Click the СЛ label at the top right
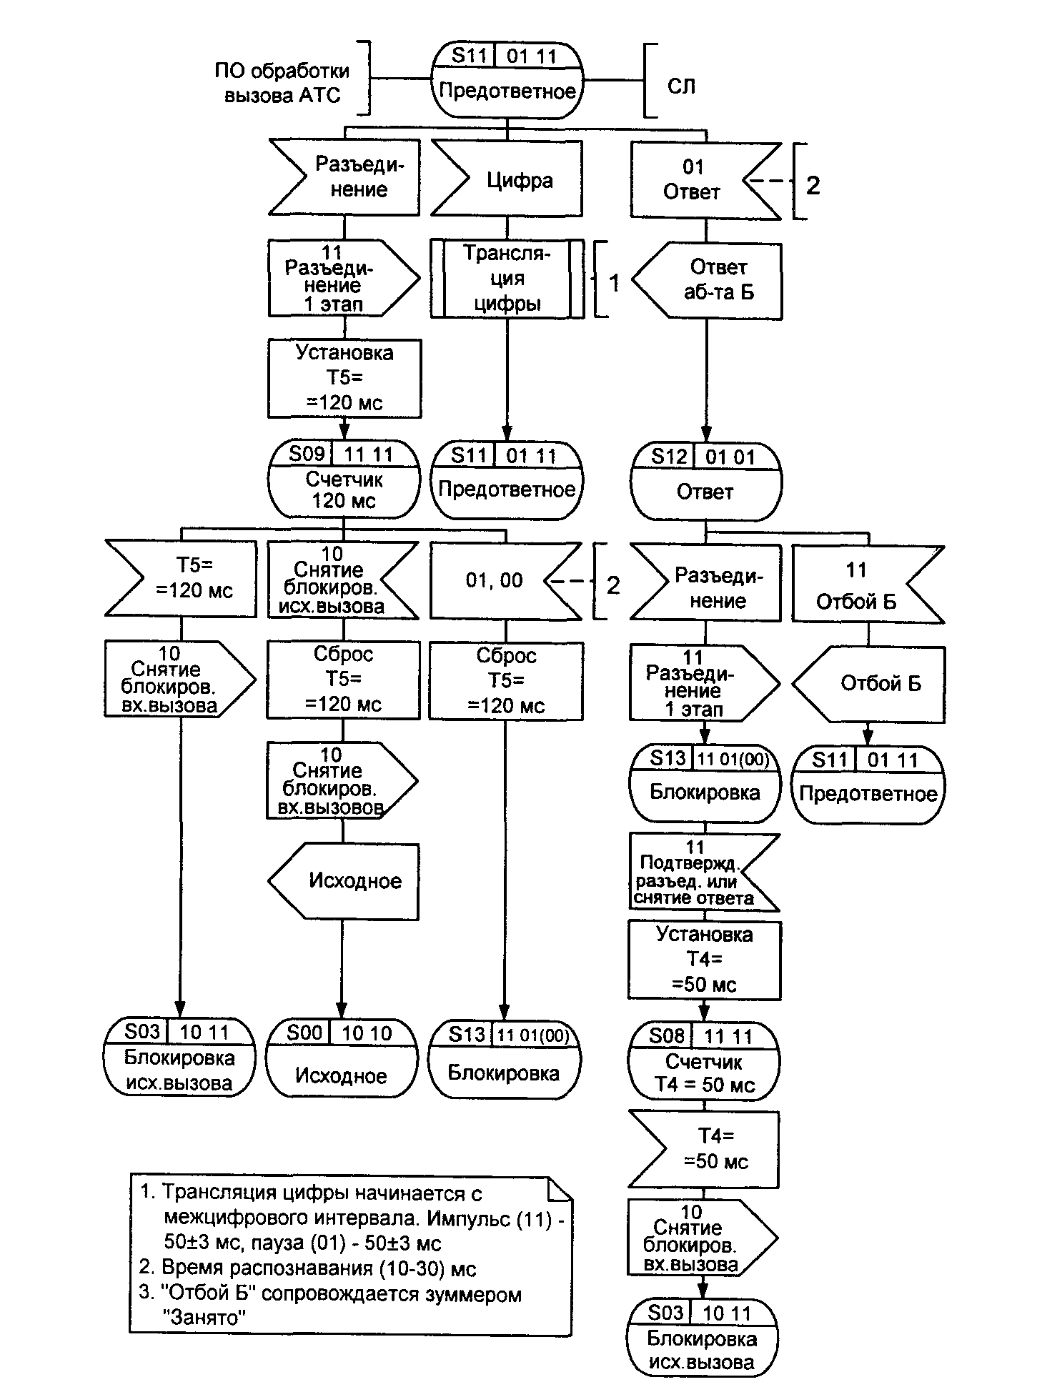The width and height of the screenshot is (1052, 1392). click(681, 86)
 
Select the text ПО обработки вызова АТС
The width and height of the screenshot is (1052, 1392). click(283, 83)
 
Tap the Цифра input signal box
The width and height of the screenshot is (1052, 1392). click(507, 179)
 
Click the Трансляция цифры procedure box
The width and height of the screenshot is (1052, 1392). click(507, 279)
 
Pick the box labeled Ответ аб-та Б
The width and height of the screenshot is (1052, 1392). click(708, 280)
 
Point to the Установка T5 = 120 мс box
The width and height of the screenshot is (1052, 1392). click(344, 378)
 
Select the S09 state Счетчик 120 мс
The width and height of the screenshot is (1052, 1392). click(344, 479)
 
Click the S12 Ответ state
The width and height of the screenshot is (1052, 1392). click(706, 483)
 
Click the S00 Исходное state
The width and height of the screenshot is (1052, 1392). click(341, 1058)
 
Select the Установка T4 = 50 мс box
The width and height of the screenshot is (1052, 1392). click(705, 960)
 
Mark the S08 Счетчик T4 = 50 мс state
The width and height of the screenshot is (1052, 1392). click(705, 1061)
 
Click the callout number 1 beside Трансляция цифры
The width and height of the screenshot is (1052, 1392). click(614, 282)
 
